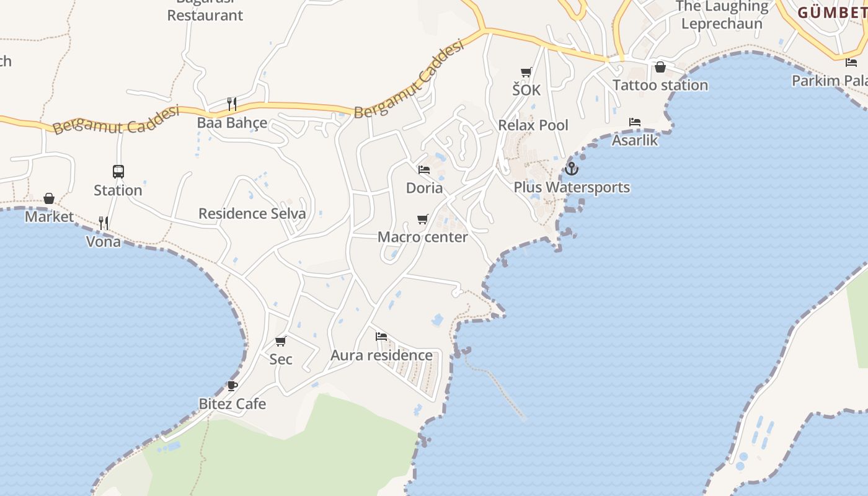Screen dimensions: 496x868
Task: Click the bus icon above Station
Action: (x=118, y=172)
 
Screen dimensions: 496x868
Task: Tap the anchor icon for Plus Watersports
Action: (x=571, y=168)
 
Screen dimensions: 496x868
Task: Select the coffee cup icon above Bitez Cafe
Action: (x=232, y=386)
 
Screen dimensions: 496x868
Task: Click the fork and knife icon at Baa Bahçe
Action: (x=232, y=104)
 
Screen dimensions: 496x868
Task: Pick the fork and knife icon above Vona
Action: (x=104, y=223)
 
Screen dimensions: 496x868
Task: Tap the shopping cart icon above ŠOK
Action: (x=526, y=72)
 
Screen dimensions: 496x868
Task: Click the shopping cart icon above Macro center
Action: (x=423, y=219)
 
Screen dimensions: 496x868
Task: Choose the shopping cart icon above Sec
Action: (x=281, y=341)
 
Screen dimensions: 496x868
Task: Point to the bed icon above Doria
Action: (x=424, y=169)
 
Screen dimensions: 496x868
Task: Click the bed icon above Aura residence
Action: (x=381, y=337)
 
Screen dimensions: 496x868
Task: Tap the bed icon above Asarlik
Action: (x=635, y=122)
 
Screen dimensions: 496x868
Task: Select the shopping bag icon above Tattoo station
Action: (x=660, y=67)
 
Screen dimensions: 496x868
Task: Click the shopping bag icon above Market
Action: (x=49, y=198)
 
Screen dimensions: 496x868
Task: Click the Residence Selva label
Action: (x=252, y=214)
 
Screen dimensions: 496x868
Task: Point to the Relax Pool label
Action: (x=533, y=125)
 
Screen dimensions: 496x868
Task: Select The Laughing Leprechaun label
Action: (x=722, y=15)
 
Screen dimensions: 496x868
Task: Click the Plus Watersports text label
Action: (x=572, y=187)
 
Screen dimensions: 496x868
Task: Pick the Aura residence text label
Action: (x=381, y=355)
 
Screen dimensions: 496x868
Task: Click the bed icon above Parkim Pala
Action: (x=851, y=62)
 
